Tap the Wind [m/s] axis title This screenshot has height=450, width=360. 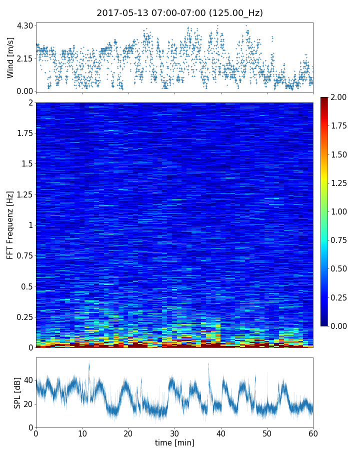click(10, 57)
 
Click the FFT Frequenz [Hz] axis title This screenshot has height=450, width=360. click(10, 224)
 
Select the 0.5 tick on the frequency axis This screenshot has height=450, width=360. click(25, 286)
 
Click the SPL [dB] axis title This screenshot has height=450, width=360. click(17, 392)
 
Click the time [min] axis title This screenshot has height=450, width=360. click(174, 442)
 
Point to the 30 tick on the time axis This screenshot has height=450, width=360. click(174, 433)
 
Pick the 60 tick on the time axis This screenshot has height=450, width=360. click(313, 433)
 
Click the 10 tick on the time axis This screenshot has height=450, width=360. click(82, 433)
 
